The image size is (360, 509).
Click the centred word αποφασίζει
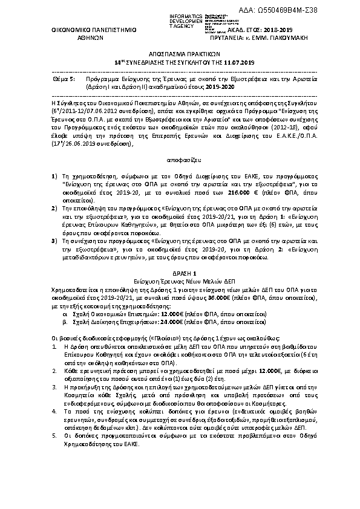tap(180, 160)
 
